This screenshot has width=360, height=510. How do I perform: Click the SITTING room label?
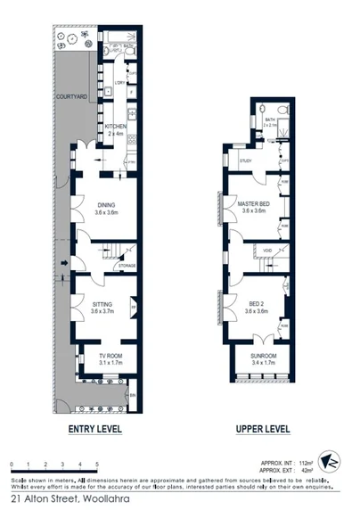click(103, 304)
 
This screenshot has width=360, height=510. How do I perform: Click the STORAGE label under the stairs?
click(127, 266)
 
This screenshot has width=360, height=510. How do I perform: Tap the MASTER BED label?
click(254, 205)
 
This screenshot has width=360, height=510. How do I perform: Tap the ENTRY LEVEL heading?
click(95, 430)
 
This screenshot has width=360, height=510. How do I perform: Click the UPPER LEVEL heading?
click(263, 430)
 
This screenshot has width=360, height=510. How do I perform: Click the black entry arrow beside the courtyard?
click(64, 264)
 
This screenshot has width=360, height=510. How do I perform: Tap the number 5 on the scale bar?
click(95, 465)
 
